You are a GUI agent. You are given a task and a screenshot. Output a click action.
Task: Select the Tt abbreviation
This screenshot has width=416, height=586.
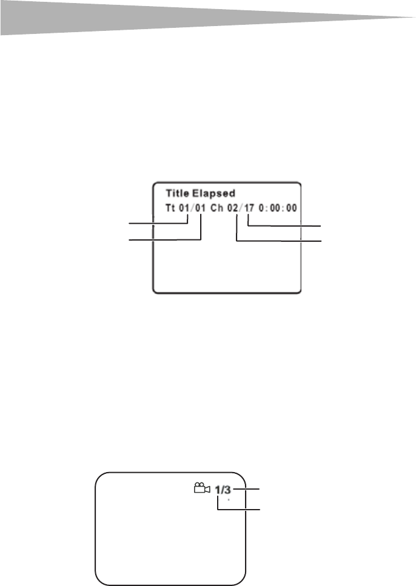click(x=171, y=208)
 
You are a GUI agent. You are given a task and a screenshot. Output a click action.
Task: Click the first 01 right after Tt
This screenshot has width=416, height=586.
click(x=186, y=208)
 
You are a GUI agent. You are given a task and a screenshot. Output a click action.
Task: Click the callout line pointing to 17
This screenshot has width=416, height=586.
click(x=285, y=225)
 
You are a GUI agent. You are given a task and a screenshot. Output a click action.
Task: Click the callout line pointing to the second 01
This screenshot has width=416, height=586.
click(x=161, y=240)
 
